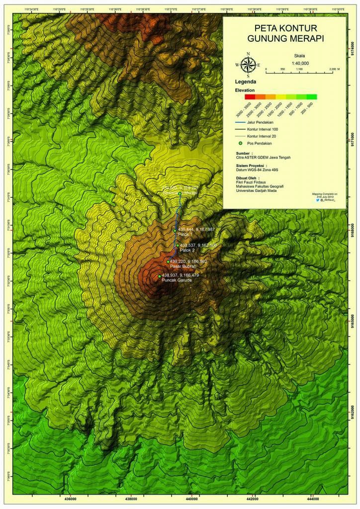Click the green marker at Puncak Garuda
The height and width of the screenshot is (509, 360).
click(160, 276)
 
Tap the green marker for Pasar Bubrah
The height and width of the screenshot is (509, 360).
click(168, 261)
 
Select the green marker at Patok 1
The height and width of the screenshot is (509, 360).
click(175, 230)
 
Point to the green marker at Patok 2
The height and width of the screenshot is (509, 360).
click(177, 245)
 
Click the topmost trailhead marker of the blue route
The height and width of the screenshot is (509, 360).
click(180, 193)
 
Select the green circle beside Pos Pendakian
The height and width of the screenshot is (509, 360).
click(241, 143)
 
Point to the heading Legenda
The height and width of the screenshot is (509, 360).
click(246, 82)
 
